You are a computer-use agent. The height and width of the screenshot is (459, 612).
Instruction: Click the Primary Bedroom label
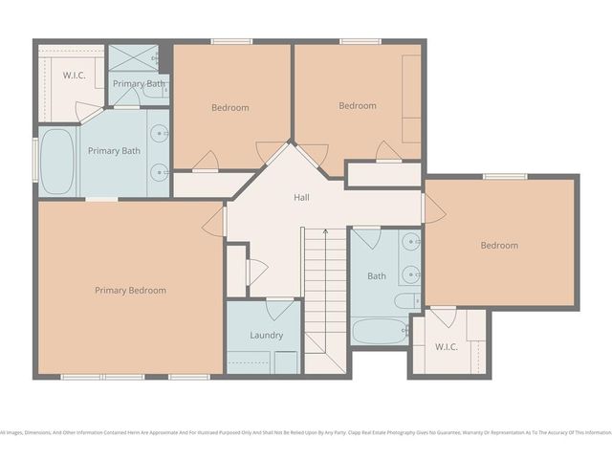coord(130,291)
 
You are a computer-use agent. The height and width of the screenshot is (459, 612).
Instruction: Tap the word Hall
coord(301,197)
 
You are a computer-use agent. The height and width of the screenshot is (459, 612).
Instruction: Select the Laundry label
coord(266,336)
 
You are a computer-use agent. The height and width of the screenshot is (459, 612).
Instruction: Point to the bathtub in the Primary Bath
coord(58,160)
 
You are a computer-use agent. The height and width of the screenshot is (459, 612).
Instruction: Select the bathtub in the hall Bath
coord(380,331)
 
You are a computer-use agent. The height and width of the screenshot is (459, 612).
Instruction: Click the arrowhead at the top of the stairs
coord(325,231)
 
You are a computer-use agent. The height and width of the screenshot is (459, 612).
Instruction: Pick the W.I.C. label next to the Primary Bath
coord(75,75)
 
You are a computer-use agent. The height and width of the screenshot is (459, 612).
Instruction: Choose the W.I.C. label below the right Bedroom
coord(448,346)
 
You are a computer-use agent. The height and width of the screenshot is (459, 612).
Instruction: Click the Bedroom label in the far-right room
coord(498,246)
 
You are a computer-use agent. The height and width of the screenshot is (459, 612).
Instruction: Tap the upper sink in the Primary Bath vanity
coord(161,134)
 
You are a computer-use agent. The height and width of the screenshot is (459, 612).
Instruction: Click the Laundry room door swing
coord(279,309)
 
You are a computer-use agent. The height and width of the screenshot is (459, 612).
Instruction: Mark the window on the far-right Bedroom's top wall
coord(504,176)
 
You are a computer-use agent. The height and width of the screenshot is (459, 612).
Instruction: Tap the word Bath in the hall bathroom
coord(377,277)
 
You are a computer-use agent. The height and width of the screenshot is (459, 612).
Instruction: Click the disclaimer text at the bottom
coord(306,432)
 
